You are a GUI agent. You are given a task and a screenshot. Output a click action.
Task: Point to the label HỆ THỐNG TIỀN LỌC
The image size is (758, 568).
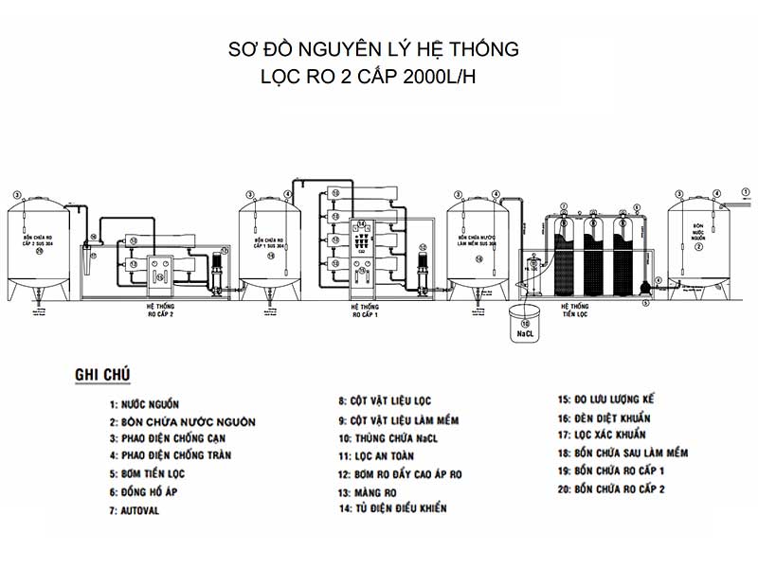(x=574, y=311)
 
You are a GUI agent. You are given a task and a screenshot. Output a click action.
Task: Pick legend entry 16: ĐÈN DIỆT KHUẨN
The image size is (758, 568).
(x=617, y=417)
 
